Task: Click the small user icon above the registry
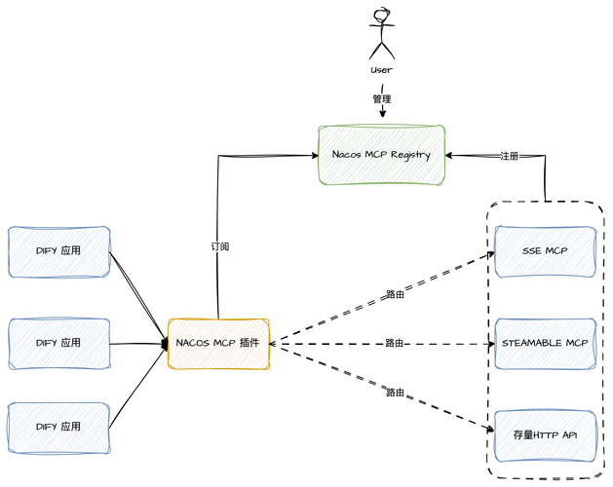[383, 14]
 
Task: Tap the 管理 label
[382, 99]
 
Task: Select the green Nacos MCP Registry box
[381, 154]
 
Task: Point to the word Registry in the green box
[410, 155]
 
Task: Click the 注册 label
[510, 156]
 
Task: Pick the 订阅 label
[220, 247]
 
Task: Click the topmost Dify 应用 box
[58, 251]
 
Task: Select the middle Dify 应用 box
[58, 343]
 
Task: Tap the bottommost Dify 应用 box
[58, 428]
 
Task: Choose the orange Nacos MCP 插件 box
[218, 343]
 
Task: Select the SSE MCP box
[545, 251]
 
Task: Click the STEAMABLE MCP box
[545, 343]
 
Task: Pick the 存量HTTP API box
[545, 433]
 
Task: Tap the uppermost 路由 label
[395, 295]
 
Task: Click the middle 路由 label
[395, 343]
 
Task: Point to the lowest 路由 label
[395, 393]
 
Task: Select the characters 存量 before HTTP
[521, 433]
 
